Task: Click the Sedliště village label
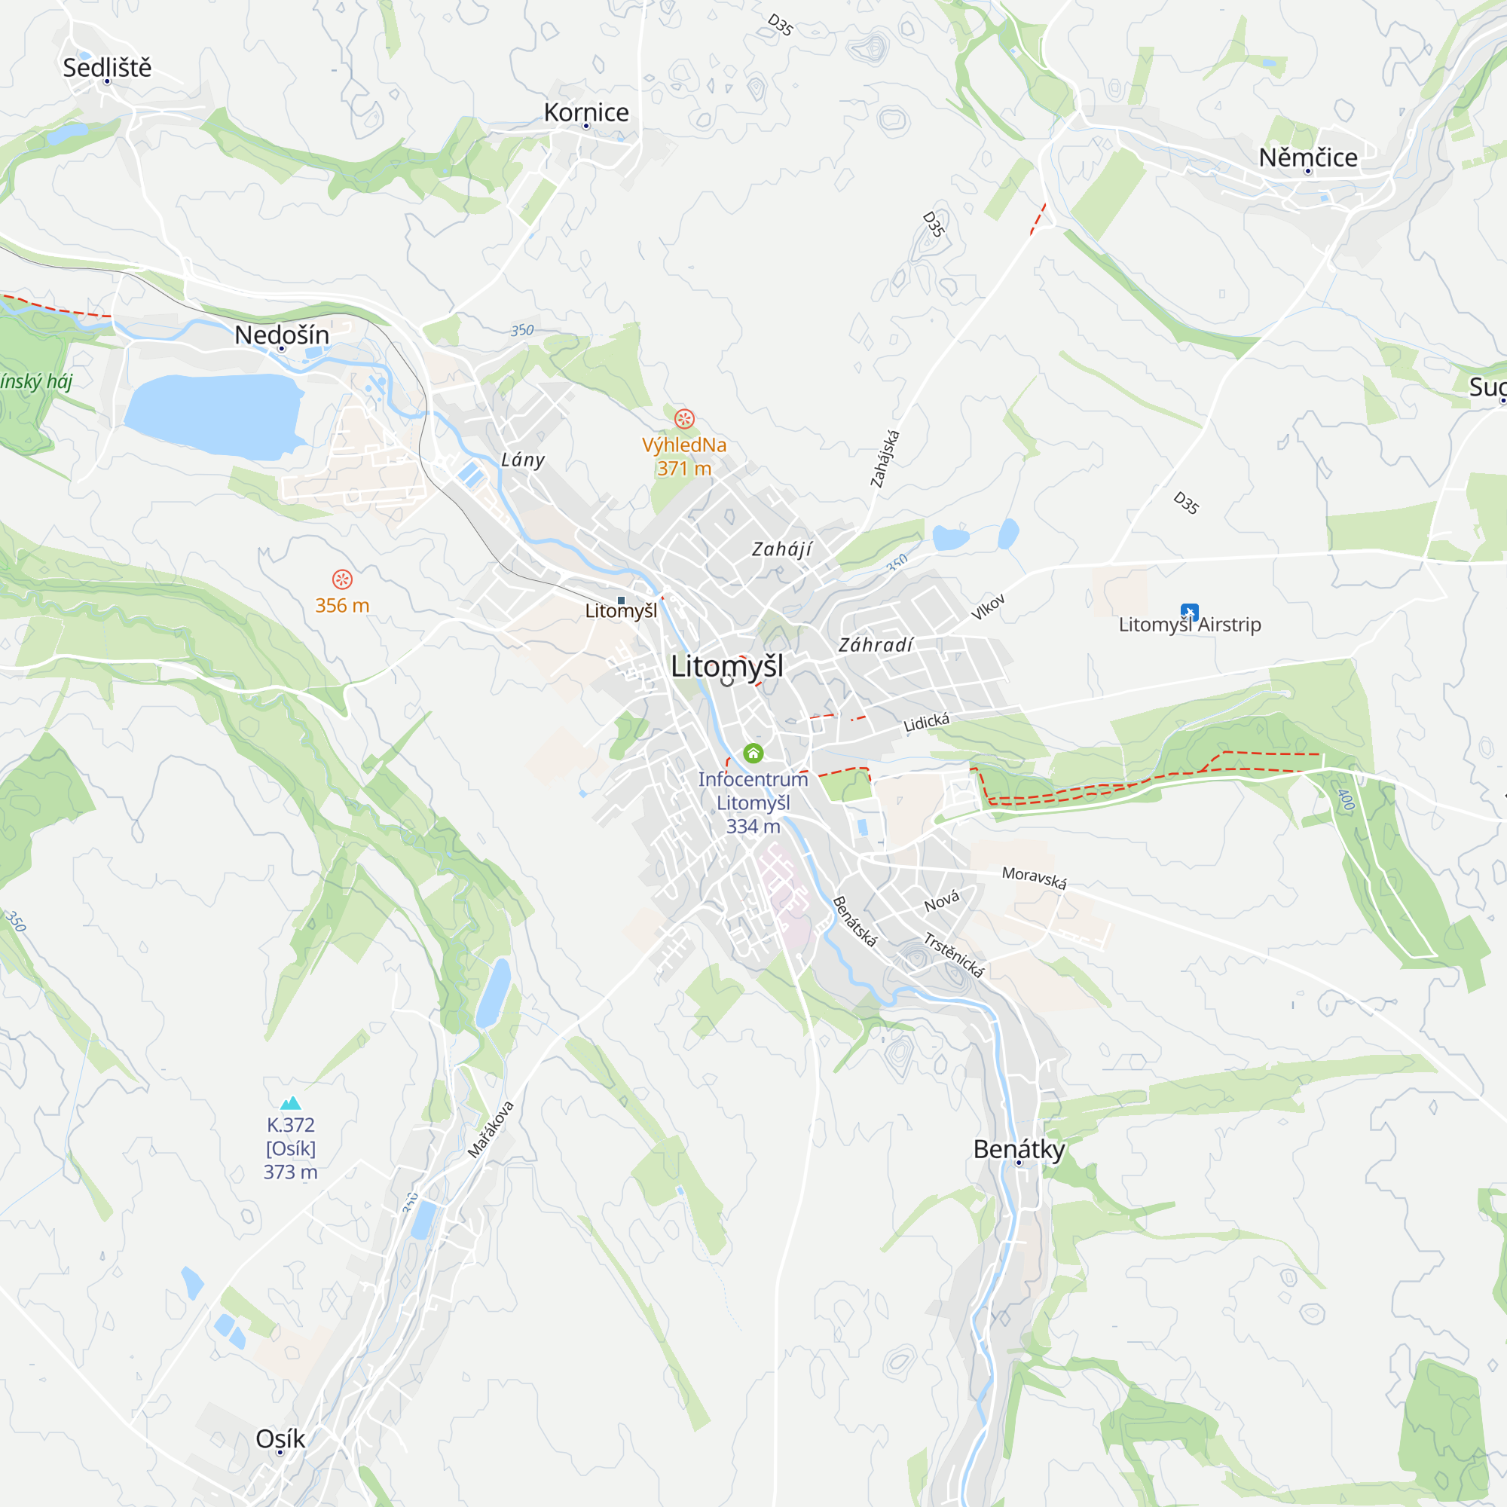point(107,68)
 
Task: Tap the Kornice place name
point(585,112)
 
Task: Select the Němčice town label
point(1308,157)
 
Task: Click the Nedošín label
point(282,335)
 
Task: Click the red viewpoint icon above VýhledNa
point(684,419)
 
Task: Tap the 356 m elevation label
point(341,605)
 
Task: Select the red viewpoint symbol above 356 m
point(341,579)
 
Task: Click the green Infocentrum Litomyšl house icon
point(753,753)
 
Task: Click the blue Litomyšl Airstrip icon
point(1189,612)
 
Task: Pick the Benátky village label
point(1019,1149)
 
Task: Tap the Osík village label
point(280,1438)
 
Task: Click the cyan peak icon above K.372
point(290,1102)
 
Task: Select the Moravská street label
point(1034,878)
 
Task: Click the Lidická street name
point(926,723)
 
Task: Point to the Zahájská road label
point(885,459)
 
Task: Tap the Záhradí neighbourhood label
point(875,645)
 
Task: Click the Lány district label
point(523,460)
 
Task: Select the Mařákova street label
point(491,1129)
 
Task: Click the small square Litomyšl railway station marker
point(621,600)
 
